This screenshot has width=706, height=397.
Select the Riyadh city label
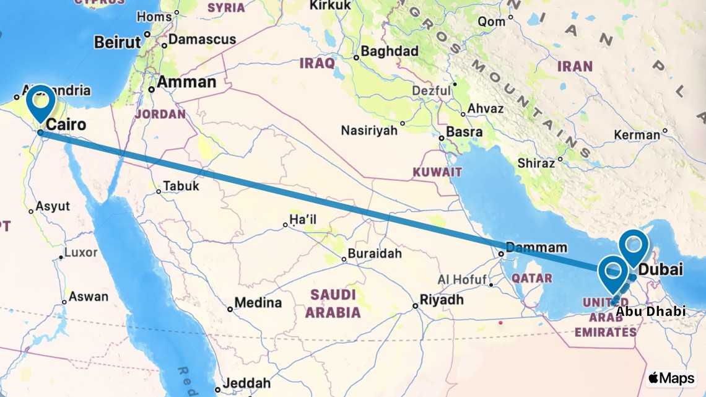(442, 300)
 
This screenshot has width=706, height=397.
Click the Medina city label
(258, 303)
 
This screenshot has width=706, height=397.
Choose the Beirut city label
(118, 42)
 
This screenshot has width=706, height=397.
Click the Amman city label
(186, 82)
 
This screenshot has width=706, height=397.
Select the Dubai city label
(660, 270)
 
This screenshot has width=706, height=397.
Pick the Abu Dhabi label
(651, 312)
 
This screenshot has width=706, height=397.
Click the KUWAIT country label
(438, 172)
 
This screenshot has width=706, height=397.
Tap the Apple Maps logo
(671, 378)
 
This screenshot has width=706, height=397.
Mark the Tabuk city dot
(159, 191)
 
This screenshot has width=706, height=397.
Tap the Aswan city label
(88, 297)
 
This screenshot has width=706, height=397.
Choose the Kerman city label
(637, 135)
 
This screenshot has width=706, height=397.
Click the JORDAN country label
(160, 114)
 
